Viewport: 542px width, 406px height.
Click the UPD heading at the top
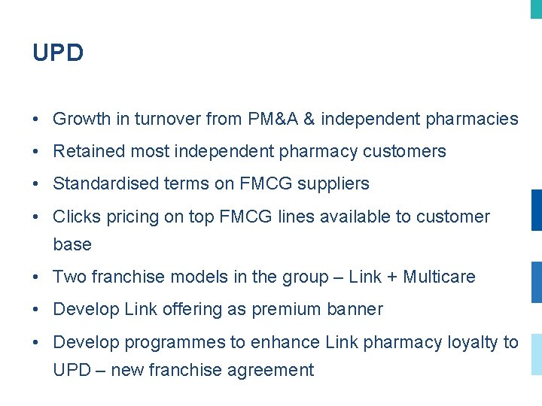(58, 53)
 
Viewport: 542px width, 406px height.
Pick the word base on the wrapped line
(72, 244)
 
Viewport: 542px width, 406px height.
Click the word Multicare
(439, 277)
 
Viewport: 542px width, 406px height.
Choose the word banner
(355, 309)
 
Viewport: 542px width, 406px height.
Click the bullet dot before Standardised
(37, 184)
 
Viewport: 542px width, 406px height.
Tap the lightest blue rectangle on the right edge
(536, 354)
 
